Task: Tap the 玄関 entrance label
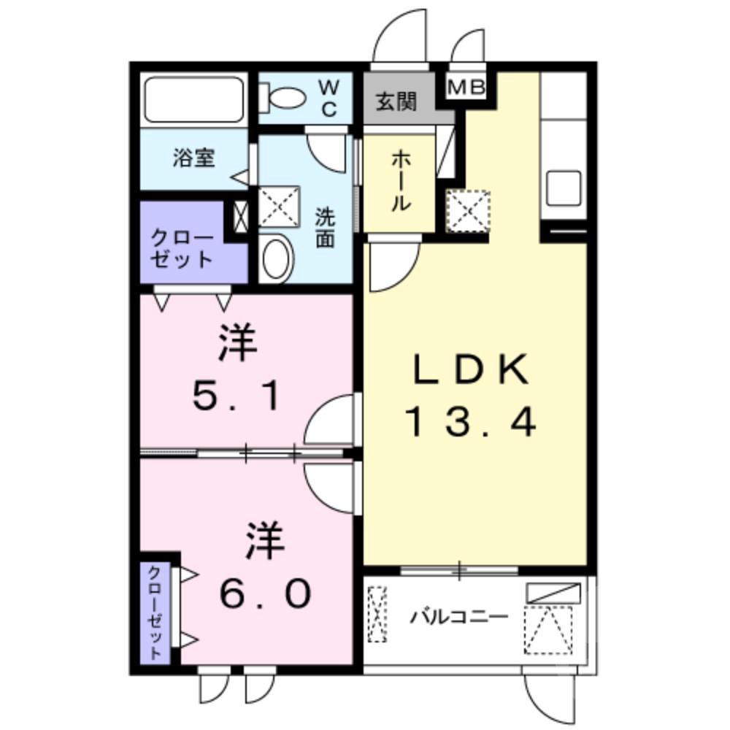click(396, 101)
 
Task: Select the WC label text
click(328, 99)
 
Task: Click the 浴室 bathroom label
click(194, 158)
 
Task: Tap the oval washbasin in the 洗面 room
click(277, 258)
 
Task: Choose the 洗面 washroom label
click(325, 227)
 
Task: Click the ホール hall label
click(399, 182)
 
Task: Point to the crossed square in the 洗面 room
click(280, 205)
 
